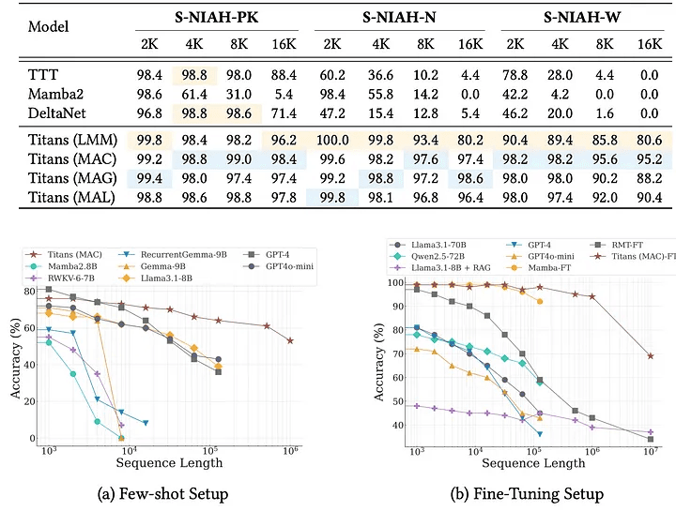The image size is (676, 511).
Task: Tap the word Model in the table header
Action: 48,27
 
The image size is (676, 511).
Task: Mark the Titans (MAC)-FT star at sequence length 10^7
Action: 650,355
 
